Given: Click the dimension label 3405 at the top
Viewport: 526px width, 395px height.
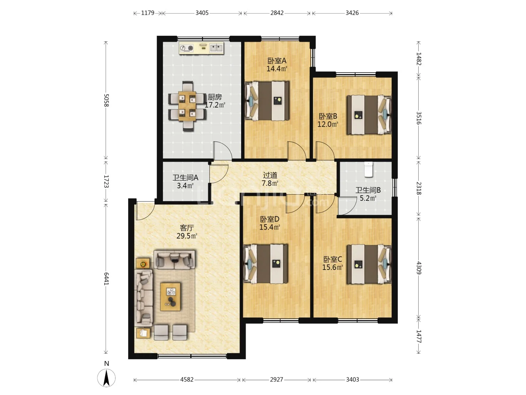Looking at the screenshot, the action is tap(202, 13).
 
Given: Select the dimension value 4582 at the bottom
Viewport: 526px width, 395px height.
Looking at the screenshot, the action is tap(187, 379).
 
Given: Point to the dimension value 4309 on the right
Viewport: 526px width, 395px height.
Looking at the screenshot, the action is tap(419, 268).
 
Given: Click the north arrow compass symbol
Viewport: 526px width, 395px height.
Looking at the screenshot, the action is tap(106, 378).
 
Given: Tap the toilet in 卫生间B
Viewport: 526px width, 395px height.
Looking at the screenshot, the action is tap(369, 169).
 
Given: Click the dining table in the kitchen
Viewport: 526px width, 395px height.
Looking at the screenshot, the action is tap(187, 106).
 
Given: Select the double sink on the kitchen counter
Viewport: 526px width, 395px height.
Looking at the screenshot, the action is tap(216, 48).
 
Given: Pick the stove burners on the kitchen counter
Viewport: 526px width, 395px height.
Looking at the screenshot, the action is tap(186, 48).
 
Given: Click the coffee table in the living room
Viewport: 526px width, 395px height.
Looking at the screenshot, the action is tap(170, 296).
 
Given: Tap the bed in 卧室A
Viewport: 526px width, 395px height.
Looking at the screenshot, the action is tap(267, 101).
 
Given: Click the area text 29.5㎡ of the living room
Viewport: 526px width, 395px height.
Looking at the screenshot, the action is tap(187, 236).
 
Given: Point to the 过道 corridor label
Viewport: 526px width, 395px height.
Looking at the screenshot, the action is tap(270, 175).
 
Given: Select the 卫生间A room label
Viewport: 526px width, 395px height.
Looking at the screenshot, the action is tap(185, 178).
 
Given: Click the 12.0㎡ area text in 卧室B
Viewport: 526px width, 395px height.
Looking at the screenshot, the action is tap(328, 124).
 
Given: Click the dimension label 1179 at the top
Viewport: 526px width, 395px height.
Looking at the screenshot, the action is tap(148, 13).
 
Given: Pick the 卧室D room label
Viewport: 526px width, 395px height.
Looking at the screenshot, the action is tap(270, 219).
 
